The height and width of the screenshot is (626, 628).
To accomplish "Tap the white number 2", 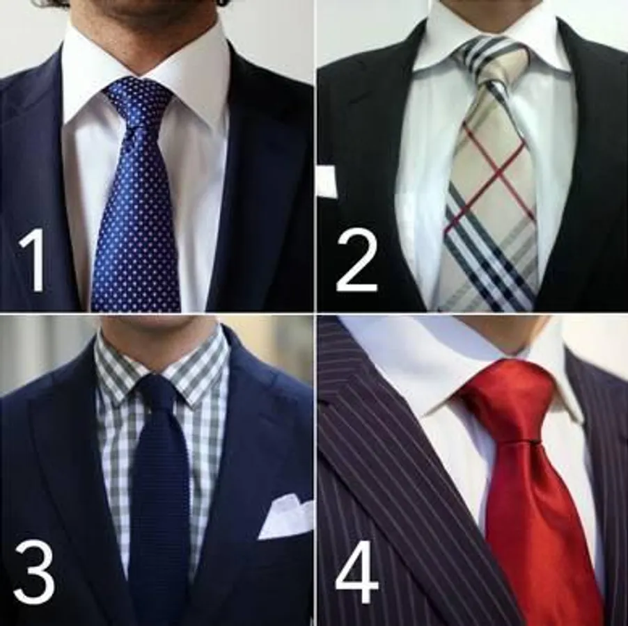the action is point(356,263).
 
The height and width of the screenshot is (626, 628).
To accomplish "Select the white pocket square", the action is point(285,515).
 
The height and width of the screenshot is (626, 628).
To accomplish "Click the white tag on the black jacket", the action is point(327,182).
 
